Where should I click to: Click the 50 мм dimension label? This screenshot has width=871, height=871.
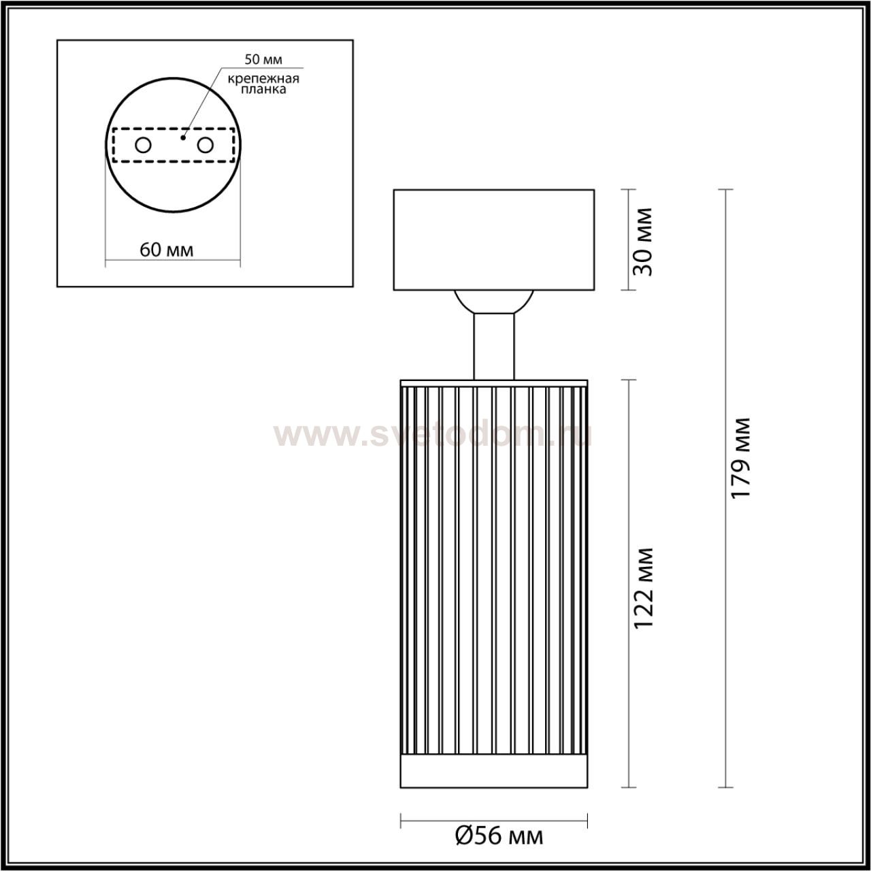[x=263, y=59]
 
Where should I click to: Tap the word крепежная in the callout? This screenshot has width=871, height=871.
[x=263, y=79]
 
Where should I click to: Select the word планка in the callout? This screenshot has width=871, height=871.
[x=263, y=90]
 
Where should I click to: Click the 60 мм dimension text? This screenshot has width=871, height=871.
[x=166, y=250]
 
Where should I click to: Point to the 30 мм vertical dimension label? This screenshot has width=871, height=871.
[x=642, y=242]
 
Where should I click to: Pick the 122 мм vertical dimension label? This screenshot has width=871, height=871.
[x=643, y=588]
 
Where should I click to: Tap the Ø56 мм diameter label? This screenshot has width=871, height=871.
[x=499, y=836]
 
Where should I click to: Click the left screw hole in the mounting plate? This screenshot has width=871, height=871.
[x=144, y=146]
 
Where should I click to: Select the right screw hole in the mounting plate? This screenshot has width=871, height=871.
[x=205, y=146]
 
